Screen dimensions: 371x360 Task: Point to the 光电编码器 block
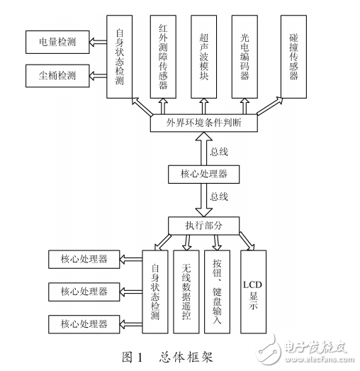(247, 57)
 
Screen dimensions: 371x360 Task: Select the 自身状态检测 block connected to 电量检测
(120, 57)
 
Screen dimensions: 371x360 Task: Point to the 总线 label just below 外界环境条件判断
(220, 150)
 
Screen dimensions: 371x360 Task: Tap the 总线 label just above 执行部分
(220, 194)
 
